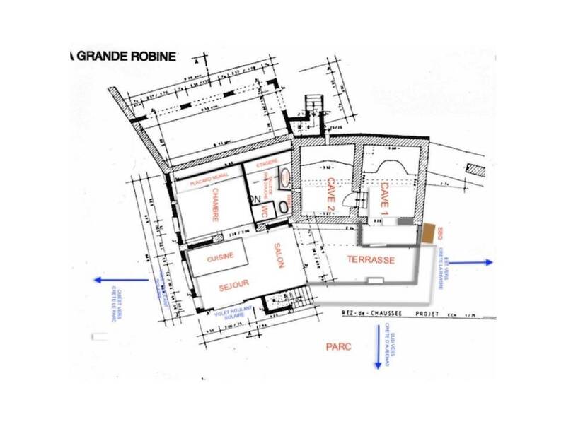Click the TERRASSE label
pos(370,260)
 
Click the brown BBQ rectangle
pos(430,232)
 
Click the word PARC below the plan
pos(338,347)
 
